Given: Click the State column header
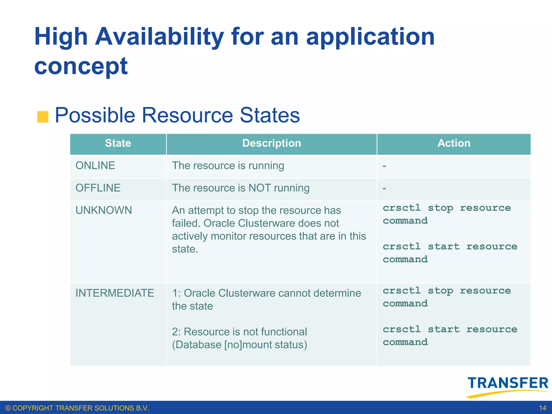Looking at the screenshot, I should (x=118, y=143).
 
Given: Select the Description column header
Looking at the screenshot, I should (x=271, y=143).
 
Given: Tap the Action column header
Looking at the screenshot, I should (x=454, y=143).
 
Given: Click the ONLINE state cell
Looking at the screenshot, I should (x=95, y=165).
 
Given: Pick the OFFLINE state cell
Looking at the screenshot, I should (x=98, y=188).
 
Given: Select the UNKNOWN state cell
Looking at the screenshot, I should (x=104, y=210).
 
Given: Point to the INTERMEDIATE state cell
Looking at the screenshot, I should (x=115, y=293).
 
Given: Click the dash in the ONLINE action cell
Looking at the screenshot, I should (x=384, y=166).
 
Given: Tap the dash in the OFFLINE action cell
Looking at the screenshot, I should (x=384, y=188).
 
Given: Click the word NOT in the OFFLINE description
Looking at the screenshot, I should (x=260, y=188).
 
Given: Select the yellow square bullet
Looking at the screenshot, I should (x=43, y=117).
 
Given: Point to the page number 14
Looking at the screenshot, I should (x=542, y=408).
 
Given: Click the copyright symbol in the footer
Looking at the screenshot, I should (x=8, y=408).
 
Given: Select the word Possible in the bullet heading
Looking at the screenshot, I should (x=95, y=115).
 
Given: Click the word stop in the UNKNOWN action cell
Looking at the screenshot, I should (x=440, y=208).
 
